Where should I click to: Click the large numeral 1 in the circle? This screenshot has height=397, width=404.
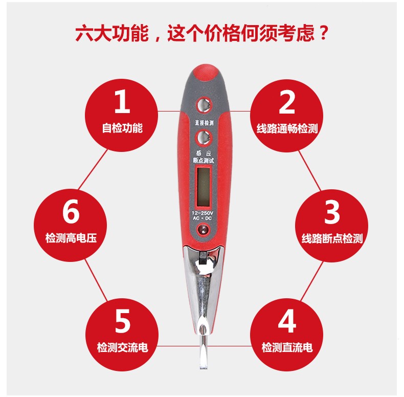pos(122,102)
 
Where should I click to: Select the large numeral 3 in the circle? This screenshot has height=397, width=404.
pos(332,212)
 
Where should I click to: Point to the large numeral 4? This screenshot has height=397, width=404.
pos(287,321)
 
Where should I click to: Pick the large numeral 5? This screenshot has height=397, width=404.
pos(122,321)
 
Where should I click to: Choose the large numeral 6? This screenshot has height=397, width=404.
pos(71,211)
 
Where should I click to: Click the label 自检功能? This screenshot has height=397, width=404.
pos(122,128)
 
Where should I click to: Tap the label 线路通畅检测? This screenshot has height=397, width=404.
pos(287,128)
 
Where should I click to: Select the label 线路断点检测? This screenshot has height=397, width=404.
pos(332,238)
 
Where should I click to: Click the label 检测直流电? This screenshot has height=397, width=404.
pos(287,347)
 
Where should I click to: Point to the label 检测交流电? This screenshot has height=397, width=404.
pos(122,347)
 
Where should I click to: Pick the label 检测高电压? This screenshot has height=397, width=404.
pos(71,238)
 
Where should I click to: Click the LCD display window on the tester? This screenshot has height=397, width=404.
pos(204,186)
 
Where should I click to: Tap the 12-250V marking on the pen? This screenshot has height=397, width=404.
pos(203,213)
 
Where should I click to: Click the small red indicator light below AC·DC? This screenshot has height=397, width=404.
pos(203,229)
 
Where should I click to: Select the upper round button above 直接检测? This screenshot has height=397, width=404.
pos(204,105)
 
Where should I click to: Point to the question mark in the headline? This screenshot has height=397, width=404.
pos(323,32)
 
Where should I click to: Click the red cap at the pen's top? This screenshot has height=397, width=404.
pos(206,73)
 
